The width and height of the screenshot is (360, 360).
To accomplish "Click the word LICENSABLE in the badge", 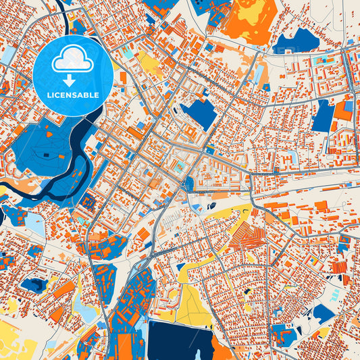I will (73, 95).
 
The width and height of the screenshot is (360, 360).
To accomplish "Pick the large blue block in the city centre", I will (199, 113).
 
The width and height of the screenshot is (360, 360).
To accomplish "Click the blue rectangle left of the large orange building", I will (323, 116).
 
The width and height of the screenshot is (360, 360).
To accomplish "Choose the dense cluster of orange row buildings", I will (247, 236).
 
